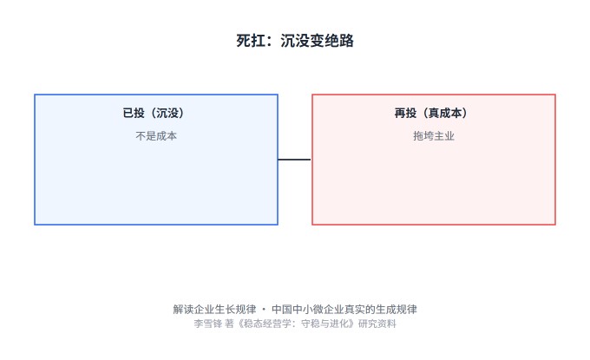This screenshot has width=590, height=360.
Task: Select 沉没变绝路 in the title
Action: (x=318, y=41)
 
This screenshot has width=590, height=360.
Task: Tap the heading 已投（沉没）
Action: (x=154, y=113)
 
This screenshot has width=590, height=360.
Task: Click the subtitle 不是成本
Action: (x=156, y=136)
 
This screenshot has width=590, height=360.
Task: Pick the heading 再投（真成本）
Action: (x=431, y=113)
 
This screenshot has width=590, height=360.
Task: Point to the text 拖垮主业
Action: (x=434, y=136)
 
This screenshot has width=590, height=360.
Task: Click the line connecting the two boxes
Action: (x=294, y=160)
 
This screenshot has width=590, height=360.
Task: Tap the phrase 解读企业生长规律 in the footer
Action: (x=214, y=309)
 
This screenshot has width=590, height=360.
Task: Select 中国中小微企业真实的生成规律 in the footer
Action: (x=344, y=309)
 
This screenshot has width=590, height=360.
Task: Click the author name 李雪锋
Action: (x=208, y=324)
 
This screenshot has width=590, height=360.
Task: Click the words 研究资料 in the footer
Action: (x=377, y=324)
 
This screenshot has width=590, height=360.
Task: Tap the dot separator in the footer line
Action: (x=264, y=310)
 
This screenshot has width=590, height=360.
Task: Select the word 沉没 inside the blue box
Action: (x=167, y=113)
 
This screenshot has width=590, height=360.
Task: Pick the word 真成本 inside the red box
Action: (x=445, y=113)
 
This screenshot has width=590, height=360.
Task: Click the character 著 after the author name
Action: (x=229, y=324)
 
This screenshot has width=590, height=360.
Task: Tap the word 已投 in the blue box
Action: (x=134, y=113)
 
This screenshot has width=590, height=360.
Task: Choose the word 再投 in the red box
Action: (x=405, y=113)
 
